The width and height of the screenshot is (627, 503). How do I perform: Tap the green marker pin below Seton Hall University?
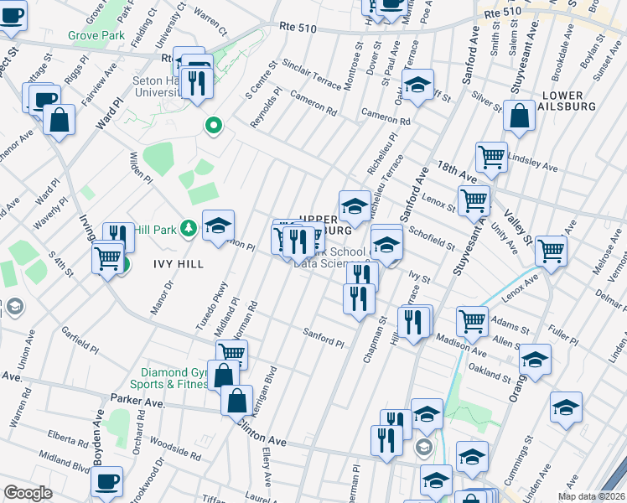click(x=214, y=127)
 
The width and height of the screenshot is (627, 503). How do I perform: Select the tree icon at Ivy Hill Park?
click(x=189, y=227)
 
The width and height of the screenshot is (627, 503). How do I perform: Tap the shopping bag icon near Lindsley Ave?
click(x=519, y=117)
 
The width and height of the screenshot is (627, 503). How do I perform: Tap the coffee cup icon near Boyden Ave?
click(x=106, y=482)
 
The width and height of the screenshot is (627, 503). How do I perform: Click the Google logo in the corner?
click(x=28, y=493)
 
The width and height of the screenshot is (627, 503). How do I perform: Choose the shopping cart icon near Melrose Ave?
click(x=551, y=250)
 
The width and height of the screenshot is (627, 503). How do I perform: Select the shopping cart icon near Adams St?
click(x=472, y=320)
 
